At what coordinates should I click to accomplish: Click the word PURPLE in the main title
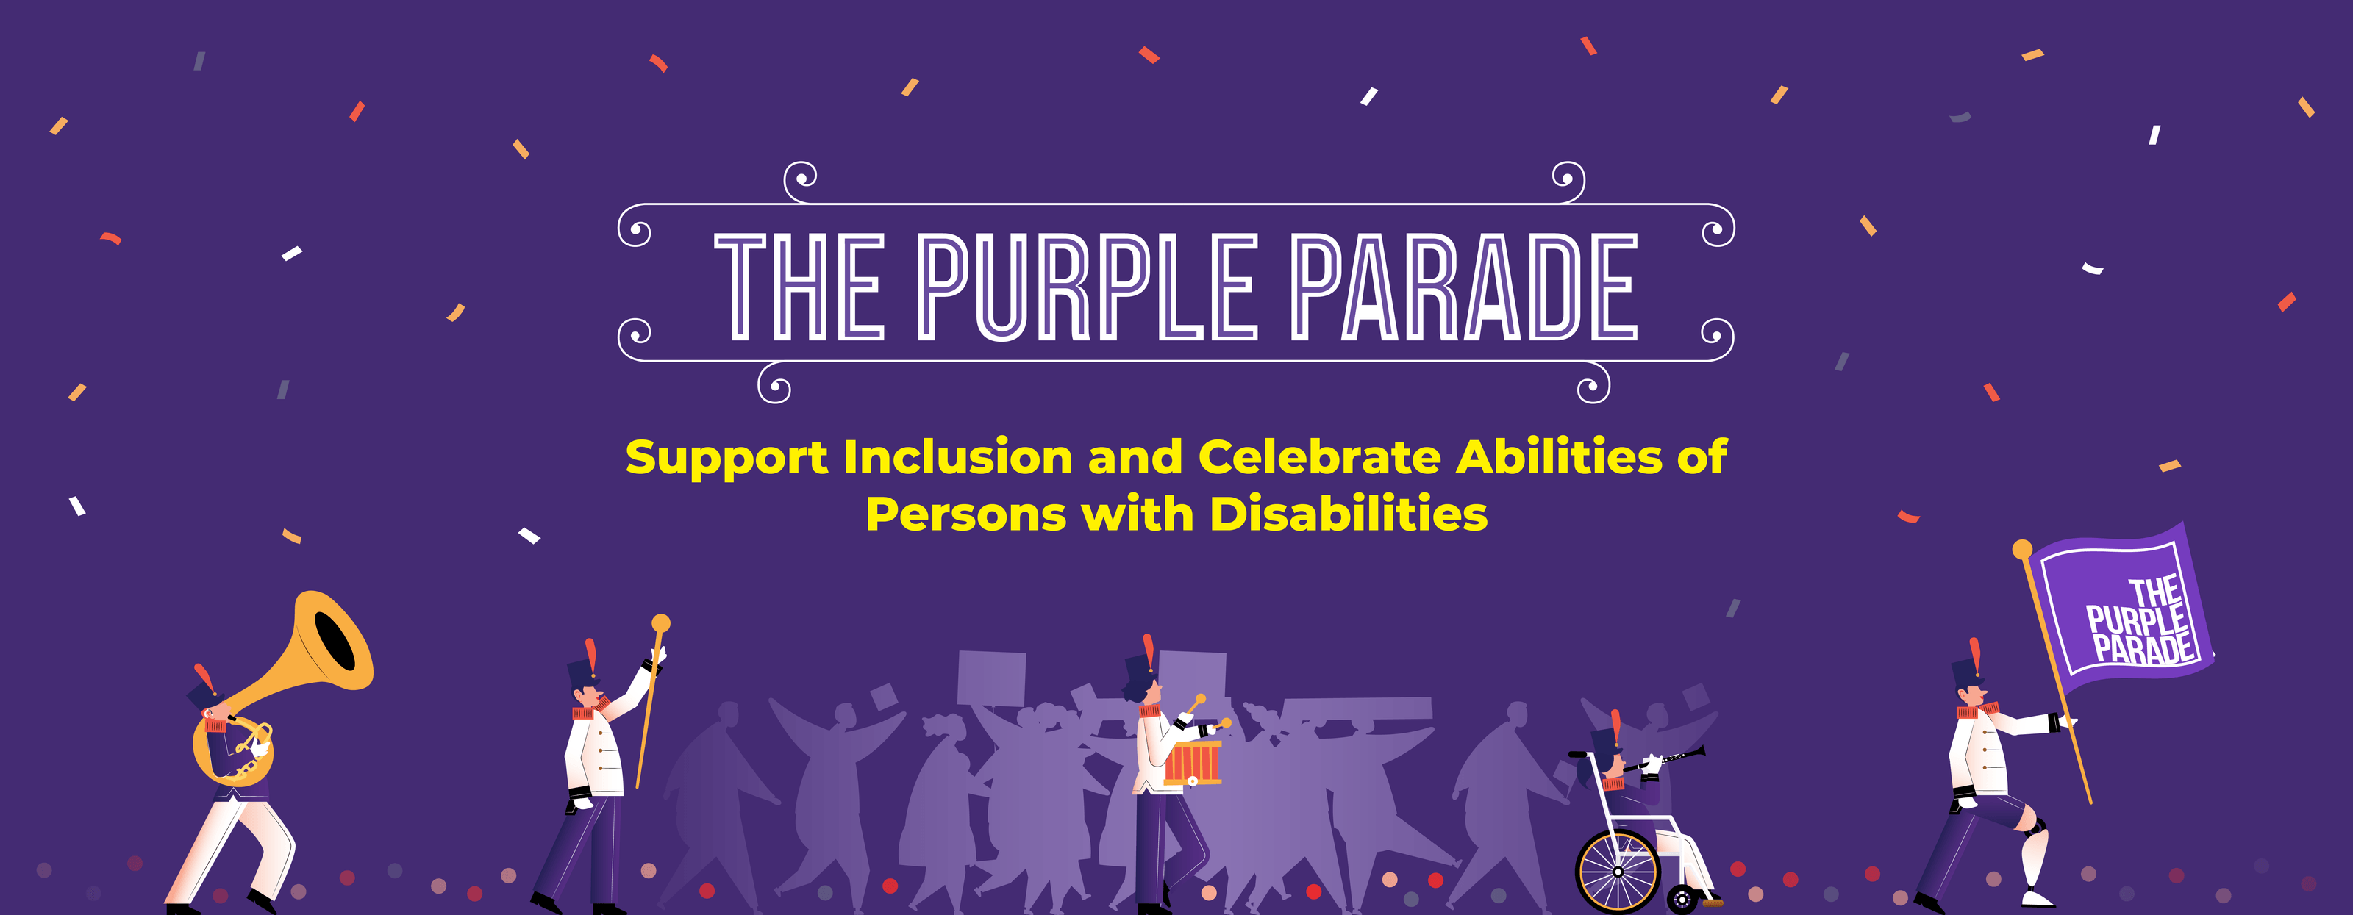1087,287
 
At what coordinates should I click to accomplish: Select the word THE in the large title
799,287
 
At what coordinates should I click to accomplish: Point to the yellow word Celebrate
1319,456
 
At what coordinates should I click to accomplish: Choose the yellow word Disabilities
1349,514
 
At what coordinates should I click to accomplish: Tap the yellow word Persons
965,514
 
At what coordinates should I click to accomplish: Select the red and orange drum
1193,764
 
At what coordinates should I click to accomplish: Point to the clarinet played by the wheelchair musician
1677,757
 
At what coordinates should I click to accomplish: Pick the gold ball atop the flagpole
2022,549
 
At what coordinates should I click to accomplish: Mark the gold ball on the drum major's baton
661,624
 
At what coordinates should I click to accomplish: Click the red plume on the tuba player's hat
204,678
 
